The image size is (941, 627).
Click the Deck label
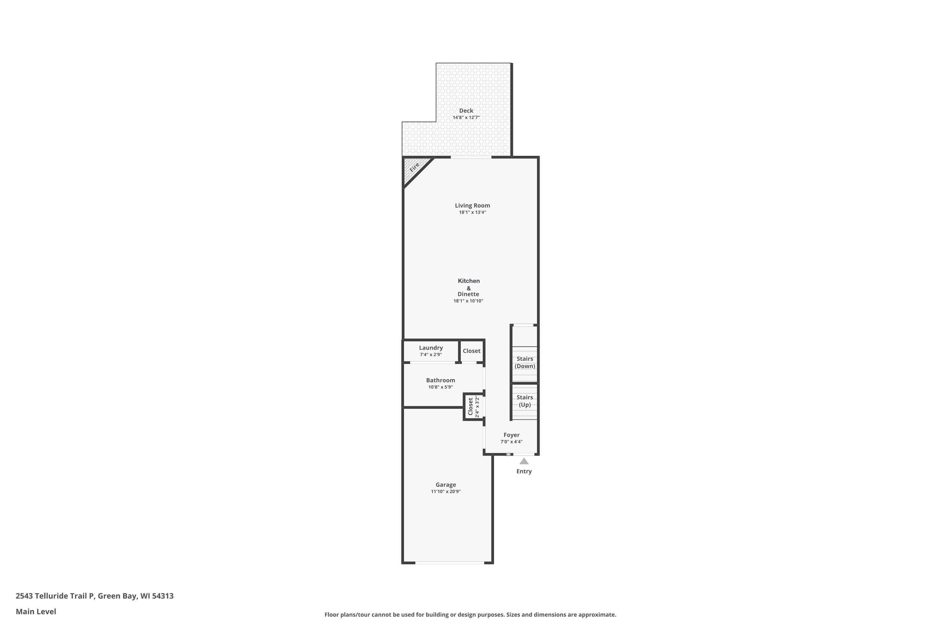pos(466,111)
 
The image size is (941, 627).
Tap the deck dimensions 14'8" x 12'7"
pos(466,118)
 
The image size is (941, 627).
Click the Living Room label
pos(472,206)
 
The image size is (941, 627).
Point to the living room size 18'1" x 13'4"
pos(472,212)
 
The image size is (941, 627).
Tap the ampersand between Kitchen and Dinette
pos(469,288)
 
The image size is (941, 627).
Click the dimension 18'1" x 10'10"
pos(468,301)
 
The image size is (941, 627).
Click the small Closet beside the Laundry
pos(471,351)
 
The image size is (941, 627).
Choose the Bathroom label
pos(440,380)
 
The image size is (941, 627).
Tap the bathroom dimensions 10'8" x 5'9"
pos(440,387)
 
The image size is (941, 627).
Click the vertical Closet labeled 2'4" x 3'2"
pos(473,407)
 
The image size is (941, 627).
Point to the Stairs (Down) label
pos(524,362)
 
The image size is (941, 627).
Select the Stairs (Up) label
pos(524,401)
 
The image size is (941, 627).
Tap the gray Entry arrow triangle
pos(524,461)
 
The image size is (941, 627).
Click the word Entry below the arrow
pos(524,471)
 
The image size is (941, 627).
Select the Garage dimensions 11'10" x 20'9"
pos(446,492)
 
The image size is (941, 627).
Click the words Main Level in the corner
pos(36,611)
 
